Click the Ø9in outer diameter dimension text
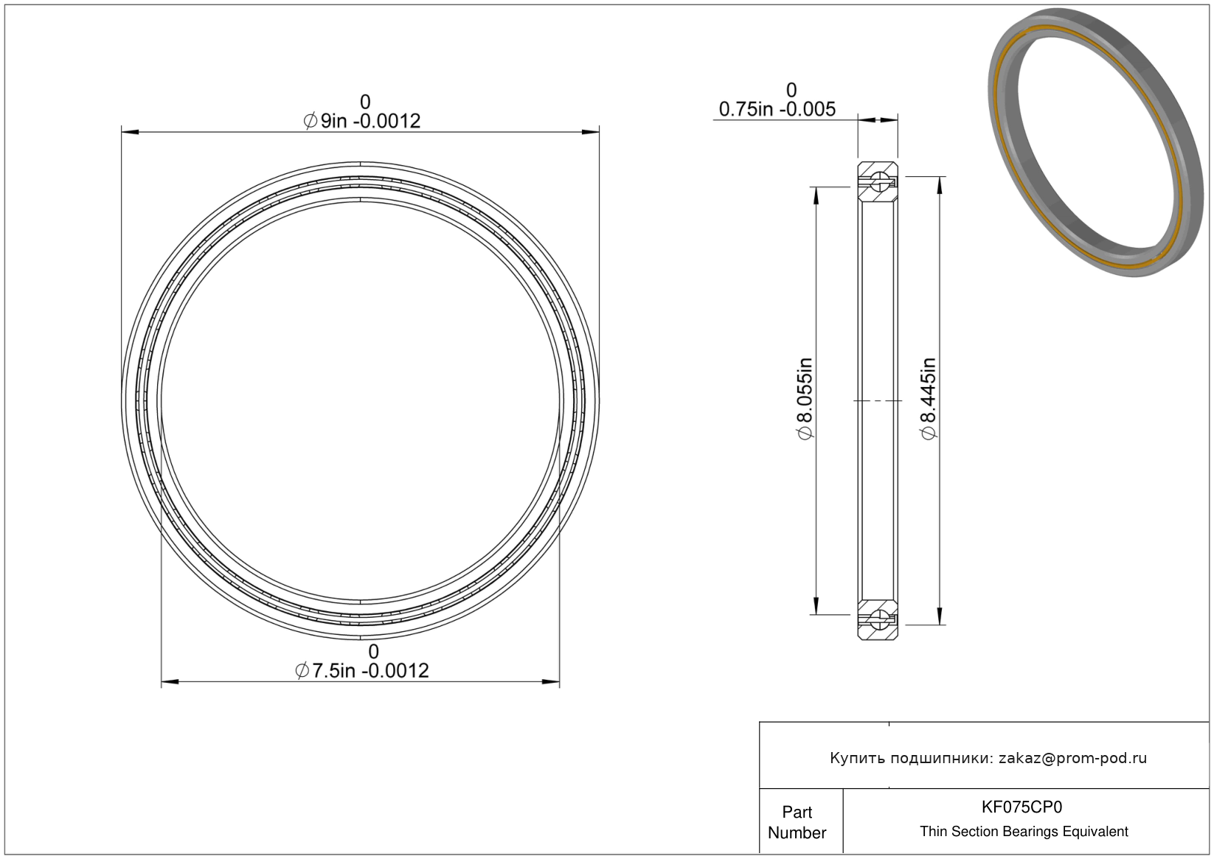[x=361, y=121]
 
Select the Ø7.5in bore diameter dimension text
[x=361, y=671]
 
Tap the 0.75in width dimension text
[x=777, y=109]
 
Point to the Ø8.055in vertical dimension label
[x=805, y=399]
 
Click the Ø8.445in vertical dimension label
[x=929, y=399]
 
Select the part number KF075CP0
[x=1022, y=807]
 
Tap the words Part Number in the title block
[x=797, y=822]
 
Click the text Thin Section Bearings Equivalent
[x=1024, y=832]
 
